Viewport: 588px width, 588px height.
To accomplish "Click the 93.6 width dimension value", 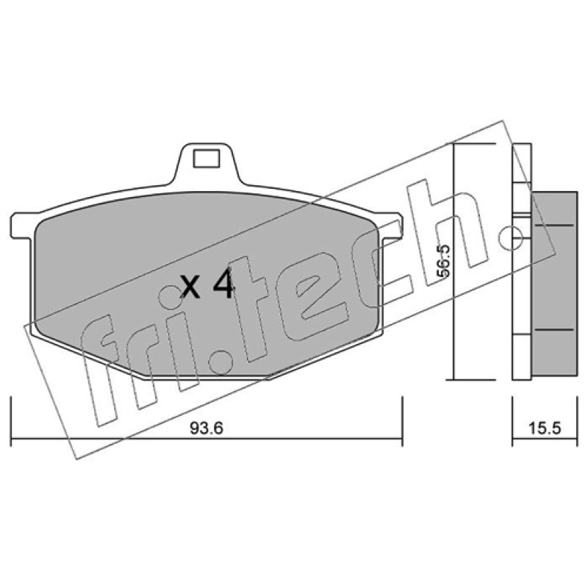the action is pos(207,428).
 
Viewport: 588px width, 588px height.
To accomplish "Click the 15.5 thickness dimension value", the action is pos(545,428).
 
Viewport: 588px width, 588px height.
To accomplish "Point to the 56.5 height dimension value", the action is pos(443,261).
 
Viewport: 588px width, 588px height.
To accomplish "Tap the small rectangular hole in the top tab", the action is pos(206,158).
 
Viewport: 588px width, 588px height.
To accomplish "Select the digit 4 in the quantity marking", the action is pos(223,284).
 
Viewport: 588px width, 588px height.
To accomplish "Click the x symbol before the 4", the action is pos(190,287).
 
